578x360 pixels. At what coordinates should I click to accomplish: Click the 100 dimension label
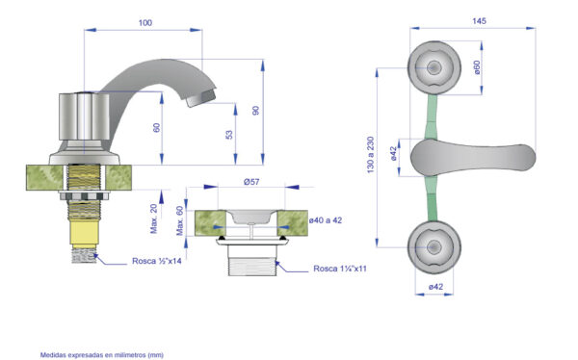[145, 23]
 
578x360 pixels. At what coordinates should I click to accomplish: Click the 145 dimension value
[479, 21]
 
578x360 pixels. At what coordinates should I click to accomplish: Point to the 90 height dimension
[255, 110]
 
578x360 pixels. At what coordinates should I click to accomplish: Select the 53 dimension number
[229, 135]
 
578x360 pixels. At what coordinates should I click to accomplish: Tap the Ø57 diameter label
[251, 182]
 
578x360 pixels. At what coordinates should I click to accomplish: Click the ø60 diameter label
[477, 67]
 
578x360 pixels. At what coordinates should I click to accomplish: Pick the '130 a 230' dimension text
[371, 155]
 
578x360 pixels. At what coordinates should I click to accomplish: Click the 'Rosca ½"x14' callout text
[157, 261]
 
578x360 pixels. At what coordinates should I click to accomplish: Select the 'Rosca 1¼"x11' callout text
[340, 269]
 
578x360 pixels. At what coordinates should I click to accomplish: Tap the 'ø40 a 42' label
[326, 220]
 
